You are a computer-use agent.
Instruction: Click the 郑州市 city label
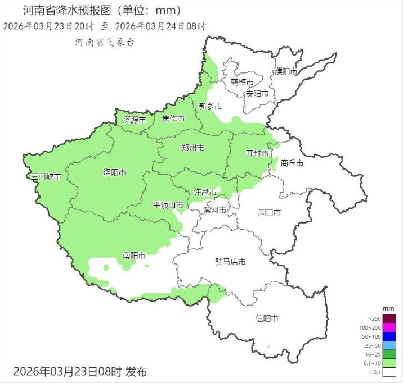[x=192, y=148]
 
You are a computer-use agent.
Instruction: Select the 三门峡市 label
[x=46, y=176]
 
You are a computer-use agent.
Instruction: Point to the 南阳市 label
[x=134, y=256]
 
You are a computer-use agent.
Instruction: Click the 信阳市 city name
[x=267, y=318]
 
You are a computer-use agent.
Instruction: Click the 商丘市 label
[x=292, y=163]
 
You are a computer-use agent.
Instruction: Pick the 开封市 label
[x=257, y=153]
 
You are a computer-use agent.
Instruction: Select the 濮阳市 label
[x=286, y=71]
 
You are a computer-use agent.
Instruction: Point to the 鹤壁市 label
[x=242, y=81]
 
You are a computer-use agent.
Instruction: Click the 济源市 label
[x=135, y=120]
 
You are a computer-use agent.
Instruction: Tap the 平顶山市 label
[x=168, y=205]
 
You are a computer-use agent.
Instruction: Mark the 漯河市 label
[x=214, y=210]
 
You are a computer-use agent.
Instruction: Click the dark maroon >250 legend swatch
[x=388, y=318]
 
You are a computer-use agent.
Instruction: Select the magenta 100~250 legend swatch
[x=388, y=327]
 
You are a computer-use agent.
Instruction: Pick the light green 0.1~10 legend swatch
[x=388, y=363]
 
